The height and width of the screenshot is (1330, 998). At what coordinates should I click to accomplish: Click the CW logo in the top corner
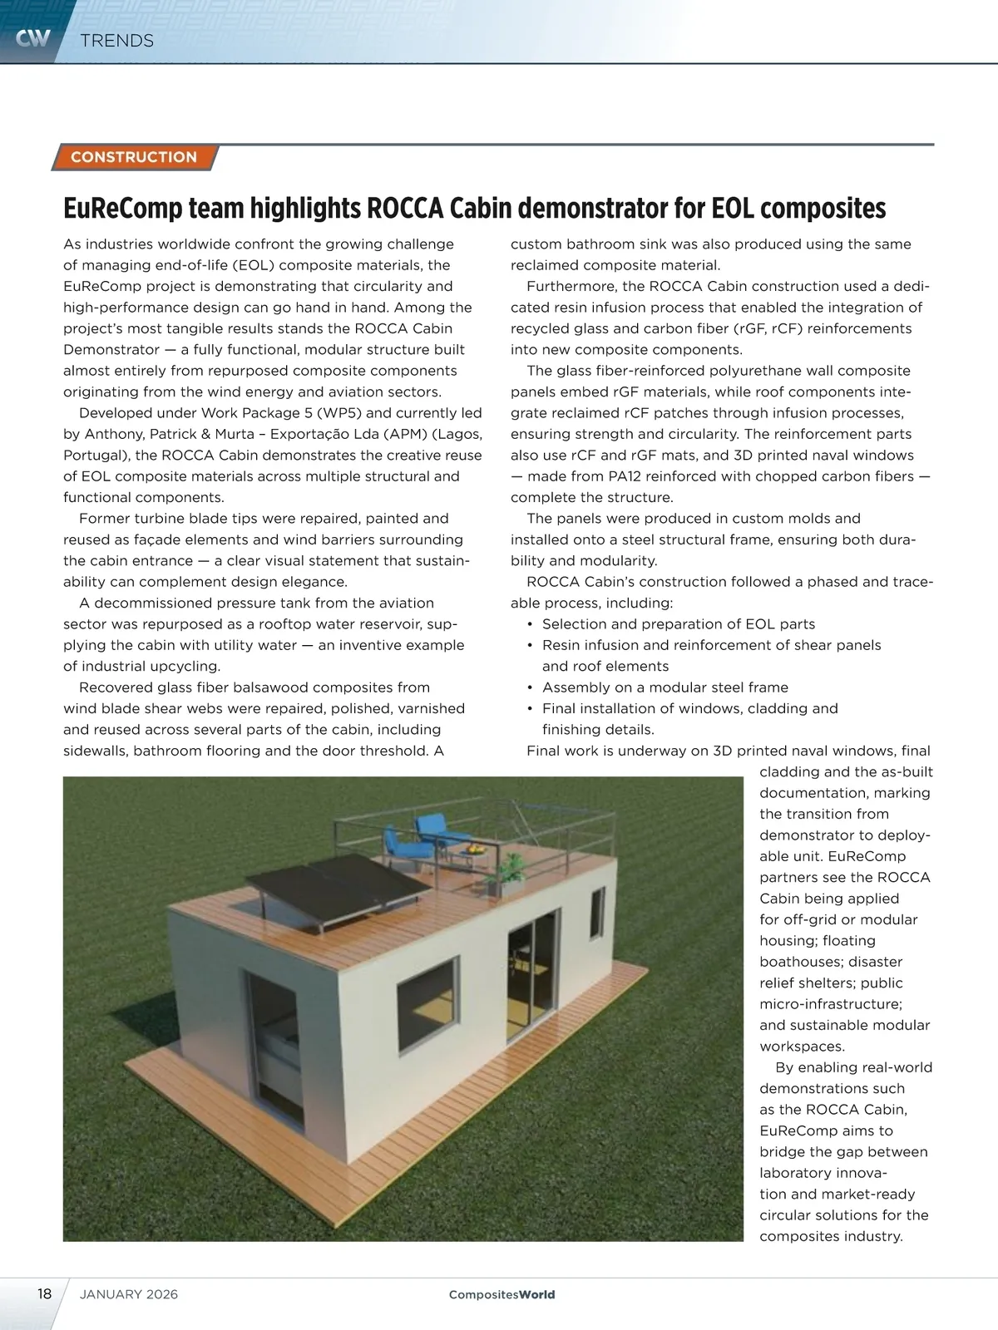click(32, 37)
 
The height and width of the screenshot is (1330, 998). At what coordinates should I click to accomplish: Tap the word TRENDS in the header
click(117, 41)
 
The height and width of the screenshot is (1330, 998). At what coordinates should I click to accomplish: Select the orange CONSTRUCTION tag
click(134, 157)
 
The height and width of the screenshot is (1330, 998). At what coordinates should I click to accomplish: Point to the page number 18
click(44, 1294)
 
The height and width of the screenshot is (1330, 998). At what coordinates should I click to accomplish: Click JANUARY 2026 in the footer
click(129, 1294)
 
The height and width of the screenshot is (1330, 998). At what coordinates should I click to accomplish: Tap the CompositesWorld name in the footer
click(501, 1294)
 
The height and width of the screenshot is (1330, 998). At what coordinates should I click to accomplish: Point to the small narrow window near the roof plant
click(599, 912)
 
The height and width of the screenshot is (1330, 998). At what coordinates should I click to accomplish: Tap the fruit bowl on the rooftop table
click(474, 848)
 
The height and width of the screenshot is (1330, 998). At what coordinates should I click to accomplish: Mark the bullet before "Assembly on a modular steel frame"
click(530, 687)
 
